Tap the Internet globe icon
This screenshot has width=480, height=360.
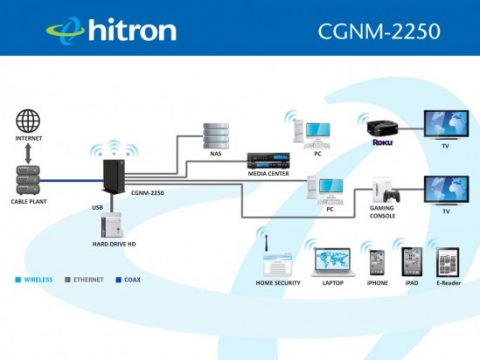(x=28, y=122)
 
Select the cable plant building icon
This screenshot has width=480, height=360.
(x=29, y=180)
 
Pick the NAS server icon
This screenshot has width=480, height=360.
(x=215, y=134)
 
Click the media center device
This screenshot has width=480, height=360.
(x=267, y=162)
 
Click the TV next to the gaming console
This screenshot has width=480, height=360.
(x=445, y=190)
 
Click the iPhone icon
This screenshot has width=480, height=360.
(x=377, y=263)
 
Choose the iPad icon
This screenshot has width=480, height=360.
(x=411, y=262)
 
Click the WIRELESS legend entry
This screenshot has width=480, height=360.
(x=37, y=280)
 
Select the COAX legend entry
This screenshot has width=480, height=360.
(x=131, y=280)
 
